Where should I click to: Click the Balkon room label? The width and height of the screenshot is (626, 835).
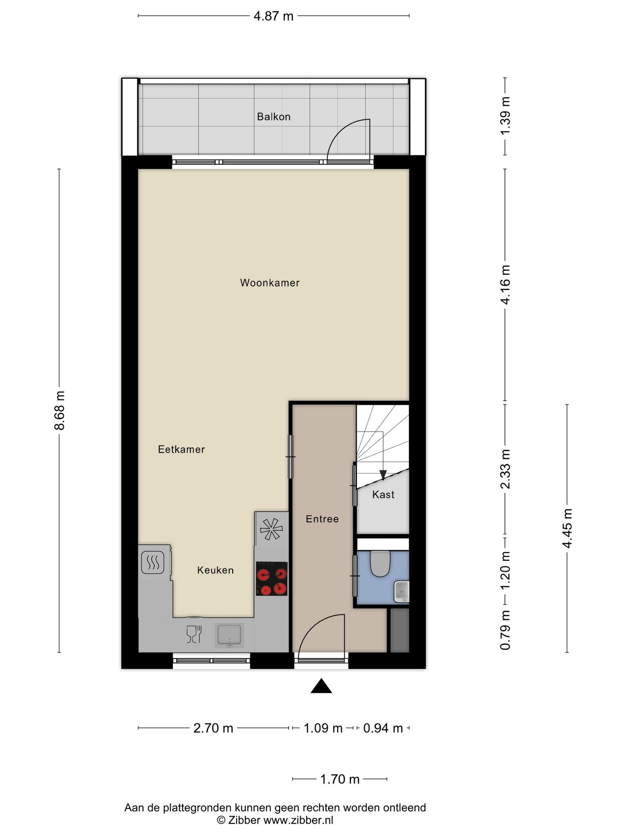(x=273, y=117)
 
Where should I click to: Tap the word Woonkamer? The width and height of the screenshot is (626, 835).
(x=270, y=283)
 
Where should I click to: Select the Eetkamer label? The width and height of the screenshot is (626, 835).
(x=181, y=449)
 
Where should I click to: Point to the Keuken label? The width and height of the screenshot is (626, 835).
(x=216, y=570)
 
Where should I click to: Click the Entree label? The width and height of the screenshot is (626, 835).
(x=322, y=519)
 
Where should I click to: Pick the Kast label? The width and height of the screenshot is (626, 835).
(x=384, y=495)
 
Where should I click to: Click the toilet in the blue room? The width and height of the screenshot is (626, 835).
(x=380, y=563)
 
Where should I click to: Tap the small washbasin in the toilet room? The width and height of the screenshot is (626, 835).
(x=401, y=592)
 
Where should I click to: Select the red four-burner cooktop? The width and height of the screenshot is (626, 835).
(x=272, y=579)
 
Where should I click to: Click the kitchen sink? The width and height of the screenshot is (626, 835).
(x=229, y=635)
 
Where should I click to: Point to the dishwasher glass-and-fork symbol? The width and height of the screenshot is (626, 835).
(x=194, y=634)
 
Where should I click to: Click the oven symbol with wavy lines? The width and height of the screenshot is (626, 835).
(x=153, y=563)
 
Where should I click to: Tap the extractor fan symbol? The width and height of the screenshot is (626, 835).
(x=271, y=529)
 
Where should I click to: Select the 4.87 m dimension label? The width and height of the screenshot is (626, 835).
(x=273, y=16)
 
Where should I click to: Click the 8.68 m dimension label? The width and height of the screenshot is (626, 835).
(x=60, y=410)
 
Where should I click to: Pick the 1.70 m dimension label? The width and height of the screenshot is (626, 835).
(x=340, y=780)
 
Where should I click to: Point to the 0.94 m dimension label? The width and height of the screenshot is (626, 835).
(x=383, y=728)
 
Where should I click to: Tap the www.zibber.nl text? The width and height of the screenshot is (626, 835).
(x=298, y=820)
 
